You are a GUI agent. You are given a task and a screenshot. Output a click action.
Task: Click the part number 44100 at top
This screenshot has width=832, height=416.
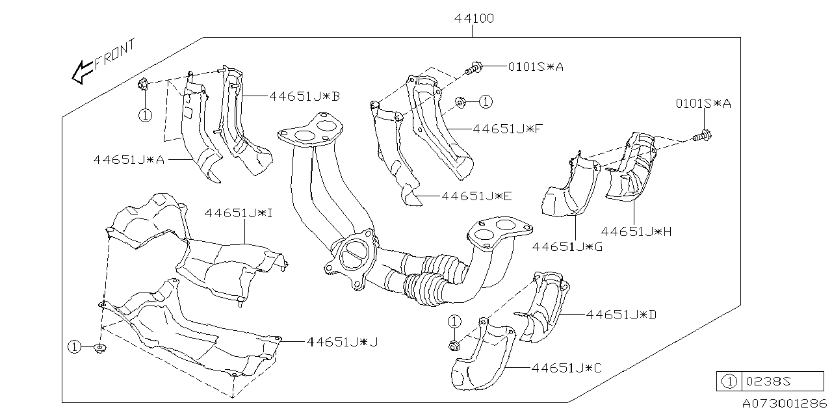click(474, 19)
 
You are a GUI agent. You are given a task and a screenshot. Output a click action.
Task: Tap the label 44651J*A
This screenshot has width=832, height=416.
click(128, 159)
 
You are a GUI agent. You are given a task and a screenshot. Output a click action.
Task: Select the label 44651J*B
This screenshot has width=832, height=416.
click(305, 96)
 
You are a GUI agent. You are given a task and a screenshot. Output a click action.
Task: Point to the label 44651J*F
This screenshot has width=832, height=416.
click(508, 129)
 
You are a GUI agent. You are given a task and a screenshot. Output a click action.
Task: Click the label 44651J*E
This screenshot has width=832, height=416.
click(476, 195)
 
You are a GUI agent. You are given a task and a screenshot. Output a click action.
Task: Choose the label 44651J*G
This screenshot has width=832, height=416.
click(567, 246)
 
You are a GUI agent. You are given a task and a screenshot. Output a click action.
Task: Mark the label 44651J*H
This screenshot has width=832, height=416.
click(636, 231)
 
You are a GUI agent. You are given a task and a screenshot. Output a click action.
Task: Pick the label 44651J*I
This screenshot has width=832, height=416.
click(240, 213)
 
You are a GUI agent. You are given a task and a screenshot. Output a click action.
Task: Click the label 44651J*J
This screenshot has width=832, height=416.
click(342, 341)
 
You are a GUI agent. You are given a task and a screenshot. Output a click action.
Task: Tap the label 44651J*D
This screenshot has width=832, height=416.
click(621, 315)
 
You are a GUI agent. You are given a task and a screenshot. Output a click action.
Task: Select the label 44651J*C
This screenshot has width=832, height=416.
click(567, 368)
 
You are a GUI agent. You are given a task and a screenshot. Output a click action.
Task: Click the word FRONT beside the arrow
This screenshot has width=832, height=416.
click(115, 55)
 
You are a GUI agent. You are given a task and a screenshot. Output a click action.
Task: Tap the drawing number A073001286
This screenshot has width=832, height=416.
click(784, 403)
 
